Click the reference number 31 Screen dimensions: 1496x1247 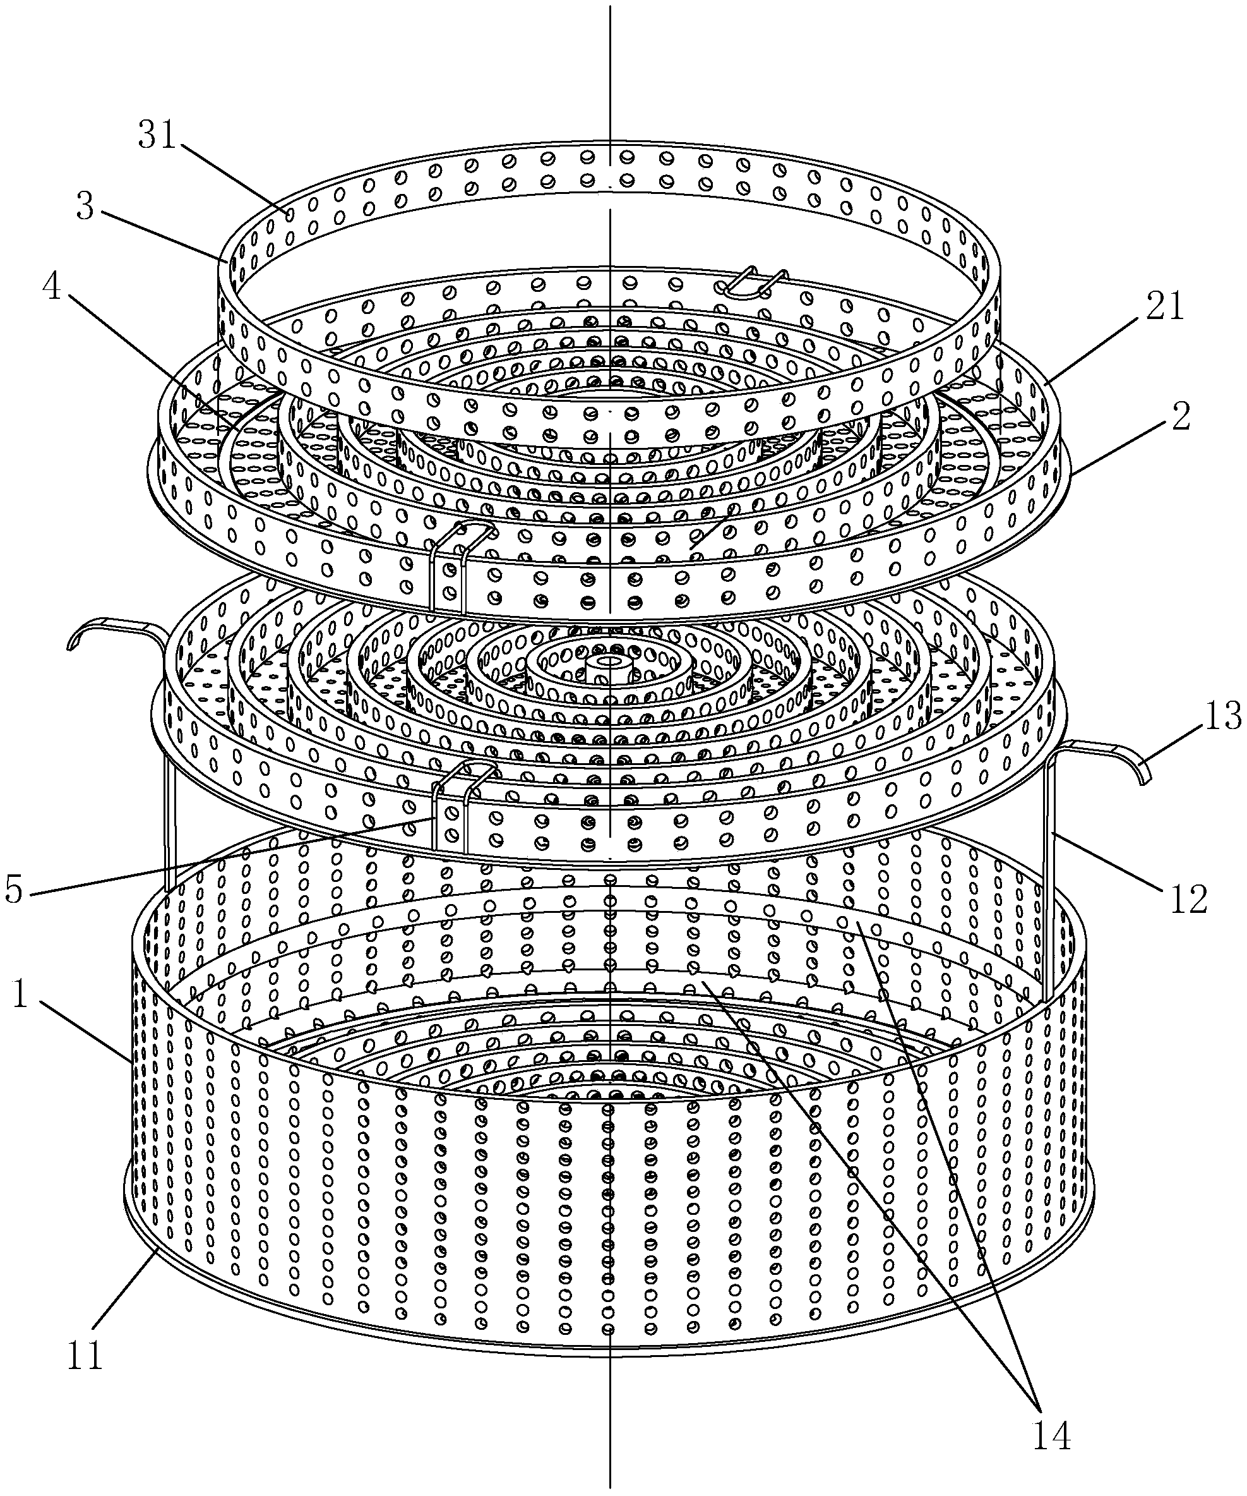(x=157, y=135)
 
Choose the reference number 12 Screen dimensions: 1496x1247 (x=1188, y=899)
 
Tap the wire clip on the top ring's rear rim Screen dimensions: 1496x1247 (x=754, y=282)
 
